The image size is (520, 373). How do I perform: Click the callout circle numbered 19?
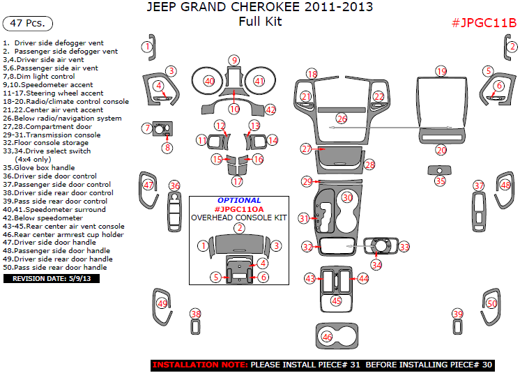(441, 72)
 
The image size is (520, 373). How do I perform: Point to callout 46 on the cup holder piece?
(327, 337)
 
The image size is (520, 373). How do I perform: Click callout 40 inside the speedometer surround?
(208, 82)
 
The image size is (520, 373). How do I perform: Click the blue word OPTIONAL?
(238, 200)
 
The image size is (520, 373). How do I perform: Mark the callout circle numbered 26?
(341, 119)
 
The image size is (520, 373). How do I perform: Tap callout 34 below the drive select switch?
(376, 265)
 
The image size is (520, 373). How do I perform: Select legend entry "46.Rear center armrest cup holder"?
(63, 234)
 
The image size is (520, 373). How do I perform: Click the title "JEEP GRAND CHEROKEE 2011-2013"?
(259, 8)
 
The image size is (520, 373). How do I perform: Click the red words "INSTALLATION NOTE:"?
(199, 365)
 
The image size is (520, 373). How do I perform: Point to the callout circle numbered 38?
(196, 314)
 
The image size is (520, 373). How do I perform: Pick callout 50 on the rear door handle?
(491, 304)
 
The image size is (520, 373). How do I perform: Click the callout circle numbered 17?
(237, 182)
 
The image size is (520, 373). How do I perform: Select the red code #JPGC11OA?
(238, 208)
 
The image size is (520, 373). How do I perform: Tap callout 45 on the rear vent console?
(336, 300)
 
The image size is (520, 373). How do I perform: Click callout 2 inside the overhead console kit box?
(239, 228)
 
